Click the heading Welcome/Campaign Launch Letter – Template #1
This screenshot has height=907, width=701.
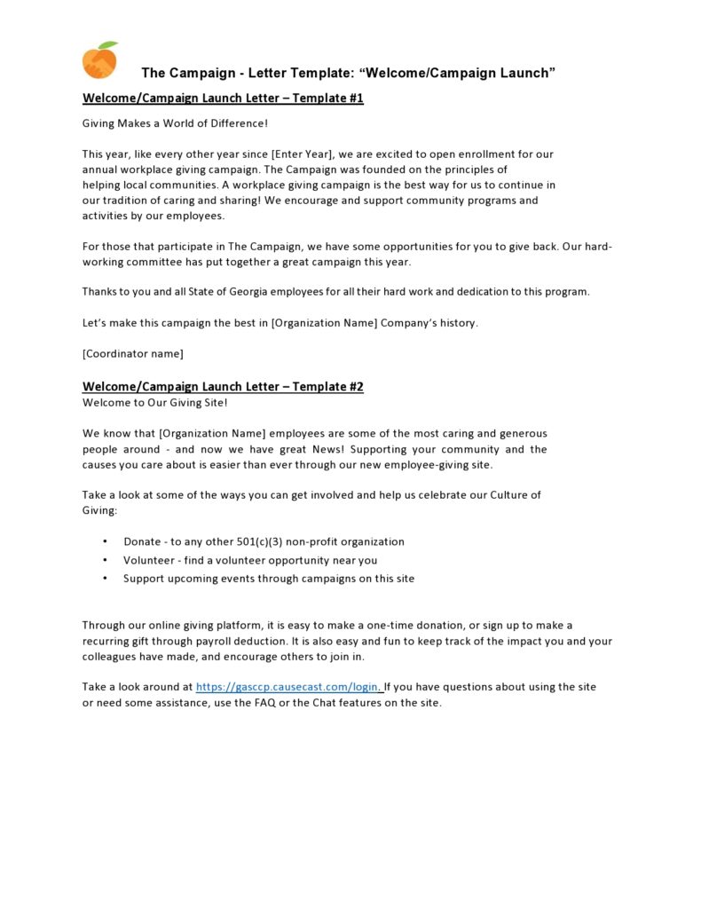click(223, 99)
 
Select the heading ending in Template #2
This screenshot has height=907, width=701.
click(223, 387)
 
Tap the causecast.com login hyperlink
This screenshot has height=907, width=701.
click(288, 687)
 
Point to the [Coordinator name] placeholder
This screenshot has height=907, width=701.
click(133, 354)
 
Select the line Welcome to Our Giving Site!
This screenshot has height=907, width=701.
click(155, 403)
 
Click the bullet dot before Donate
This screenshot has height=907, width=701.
click(105, 541)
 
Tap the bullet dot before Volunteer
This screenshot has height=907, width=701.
click(105, 560)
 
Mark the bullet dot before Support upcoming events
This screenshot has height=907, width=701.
click(105, 579)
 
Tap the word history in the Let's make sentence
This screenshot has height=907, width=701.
click(456, 323)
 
